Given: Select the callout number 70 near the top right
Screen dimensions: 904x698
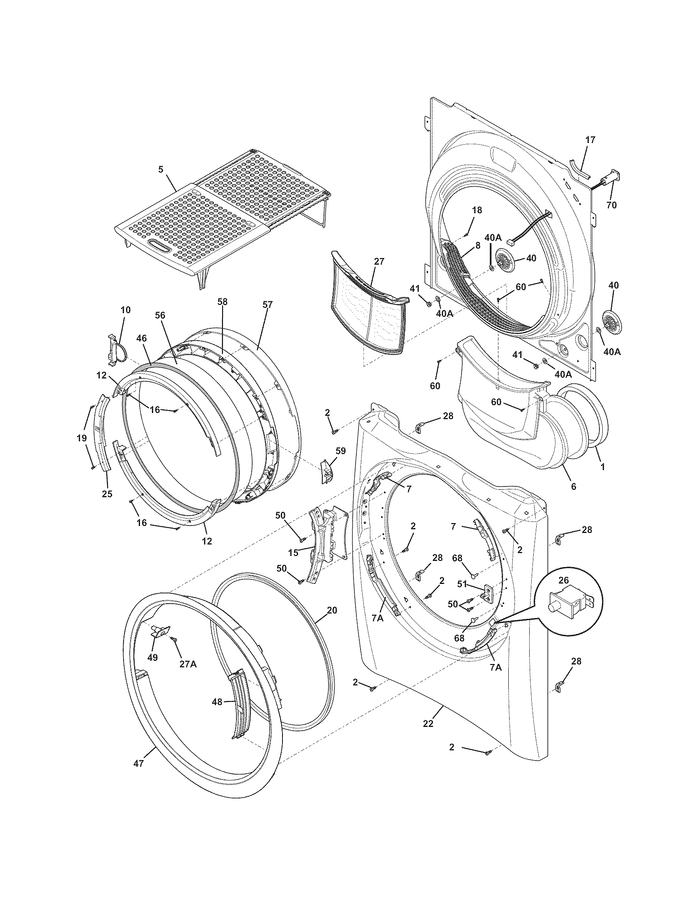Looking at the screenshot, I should pyautogui.click(x=611, y=205).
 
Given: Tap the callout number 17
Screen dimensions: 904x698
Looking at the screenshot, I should pyautogui.click(x=590, y=140).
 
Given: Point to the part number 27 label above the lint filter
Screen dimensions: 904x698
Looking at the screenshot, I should pyautogui.click(x=379, y=262).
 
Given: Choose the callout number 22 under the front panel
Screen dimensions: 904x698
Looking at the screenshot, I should pyautogui.click(x=428, y=724).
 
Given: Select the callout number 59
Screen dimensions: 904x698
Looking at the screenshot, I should pyautogui.click(x=340, y=451).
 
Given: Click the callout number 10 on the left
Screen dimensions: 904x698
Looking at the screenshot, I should pyautogui.click(x=126, y=310).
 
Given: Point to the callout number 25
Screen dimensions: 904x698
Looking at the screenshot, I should pyautogui.click(x=107, y=494).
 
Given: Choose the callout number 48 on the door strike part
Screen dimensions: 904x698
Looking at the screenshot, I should pyautogui.click(x=217, y=701).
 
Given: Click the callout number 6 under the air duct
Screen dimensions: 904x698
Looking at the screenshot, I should pyautogui.click(x=573, y=487).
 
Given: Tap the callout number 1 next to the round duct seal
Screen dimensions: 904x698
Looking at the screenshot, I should pyautogui.click(x=602, y=467).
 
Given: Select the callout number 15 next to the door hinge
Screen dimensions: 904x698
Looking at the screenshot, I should pyautogui.click(x=293, y=553).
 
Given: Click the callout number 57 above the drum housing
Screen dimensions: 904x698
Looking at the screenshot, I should pyautogui.click(x=268, y=304).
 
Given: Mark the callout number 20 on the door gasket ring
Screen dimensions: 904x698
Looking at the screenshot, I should pyautogui.click(x=332, y=610).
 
